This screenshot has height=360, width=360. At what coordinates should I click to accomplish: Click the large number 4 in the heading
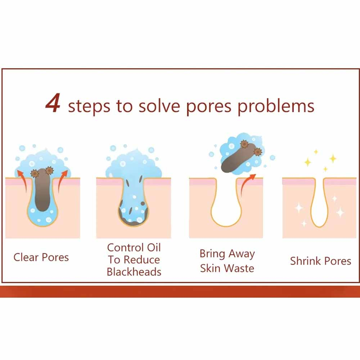[x=53, y=103]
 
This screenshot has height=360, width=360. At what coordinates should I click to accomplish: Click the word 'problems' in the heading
[x=276, y=107]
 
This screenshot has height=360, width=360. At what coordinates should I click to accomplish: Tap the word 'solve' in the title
[x=159, y=106]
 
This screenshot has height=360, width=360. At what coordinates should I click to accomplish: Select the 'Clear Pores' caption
[x=41, y=257]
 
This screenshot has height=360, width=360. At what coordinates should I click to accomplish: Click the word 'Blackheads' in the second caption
[x=134, y=272]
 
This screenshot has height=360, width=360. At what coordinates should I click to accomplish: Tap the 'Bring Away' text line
[x=227, y=254]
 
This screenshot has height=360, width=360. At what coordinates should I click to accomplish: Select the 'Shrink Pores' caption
[x=320, y=261]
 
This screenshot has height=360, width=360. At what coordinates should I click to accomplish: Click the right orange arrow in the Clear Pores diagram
[x=62, y=180]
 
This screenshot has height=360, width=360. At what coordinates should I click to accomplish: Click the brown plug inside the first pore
[x=42, y=190]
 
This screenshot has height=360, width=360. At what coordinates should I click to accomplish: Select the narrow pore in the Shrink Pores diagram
[x=319, y=202]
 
